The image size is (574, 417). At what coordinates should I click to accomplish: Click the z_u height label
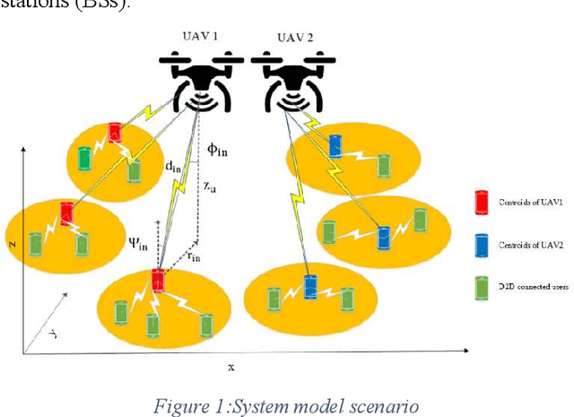[x=208, y=187]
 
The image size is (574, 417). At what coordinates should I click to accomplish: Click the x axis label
[x=231, y=367]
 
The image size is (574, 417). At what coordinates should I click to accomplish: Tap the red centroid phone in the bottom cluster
[x=159, y=281]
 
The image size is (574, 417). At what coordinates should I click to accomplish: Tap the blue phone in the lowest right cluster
[x=310, y=287]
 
